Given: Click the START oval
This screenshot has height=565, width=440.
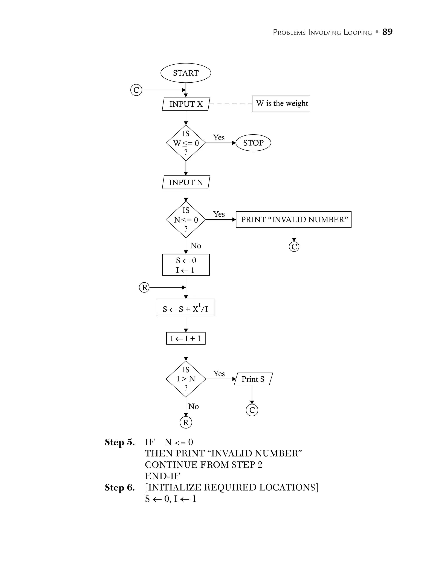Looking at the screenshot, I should click(186, 73).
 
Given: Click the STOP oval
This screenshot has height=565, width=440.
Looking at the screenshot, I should click(253, 143).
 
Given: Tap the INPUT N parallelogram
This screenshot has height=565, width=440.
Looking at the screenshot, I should click(186, 182).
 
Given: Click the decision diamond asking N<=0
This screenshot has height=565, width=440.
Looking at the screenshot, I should click(186, 220).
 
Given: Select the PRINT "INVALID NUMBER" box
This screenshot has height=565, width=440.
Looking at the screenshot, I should click(294, 220).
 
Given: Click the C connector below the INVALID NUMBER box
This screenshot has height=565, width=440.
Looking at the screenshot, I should click(294, 247).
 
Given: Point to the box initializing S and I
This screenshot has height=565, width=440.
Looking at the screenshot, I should click(186, 265).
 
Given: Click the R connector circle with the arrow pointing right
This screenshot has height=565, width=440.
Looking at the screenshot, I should click(144, 287).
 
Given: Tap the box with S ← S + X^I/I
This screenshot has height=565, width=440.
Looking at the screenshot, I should click(186, 307).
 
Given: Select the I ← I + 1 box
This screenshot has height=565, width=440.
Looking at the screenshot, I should click(186, 338).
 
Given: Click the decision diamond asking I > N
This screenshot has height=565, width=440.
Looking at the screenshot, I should click(186, 379).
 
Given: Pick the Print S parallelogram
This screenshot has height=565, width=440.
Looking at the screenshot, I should click(253, 379).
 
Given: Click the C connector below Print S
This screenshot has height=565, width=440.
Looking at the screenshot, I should click(252, 410).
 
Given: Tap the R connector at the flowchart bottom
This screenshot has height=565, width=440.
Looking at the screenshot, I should click(186, 423).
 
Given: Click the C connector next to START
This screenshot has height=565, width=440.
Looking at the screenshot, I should click(136, 90).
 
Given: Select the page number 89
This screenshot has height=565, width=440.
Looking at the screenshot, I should click(387, 32).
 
